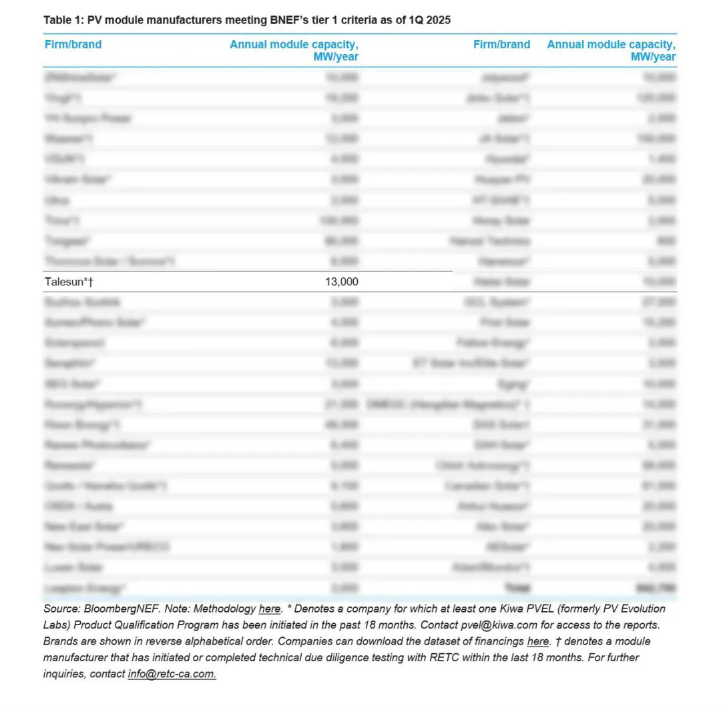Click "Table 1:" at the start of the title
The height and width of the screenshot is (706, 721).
pyautogui.click(x=63, y=20)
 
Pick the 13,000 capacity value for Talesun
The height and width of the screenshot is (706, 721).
pyautogui.click(x=341, y=282)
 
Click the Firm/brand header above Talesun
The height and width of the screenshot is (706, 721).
pyautogui.click(x=73, y=45)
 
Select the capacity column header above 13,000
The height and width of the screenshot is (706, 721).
pyautogui.click(x=294, y=50)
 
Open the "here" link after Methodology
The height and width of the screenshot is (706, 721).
pyautogui.click(x=270, y=609)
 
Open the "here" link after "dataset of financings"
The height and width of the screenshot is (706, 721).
pyautogui.click(x=538, y=641)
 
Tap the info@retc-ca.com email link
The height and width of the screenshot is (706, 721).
pyautogui.click(x=172, y=674)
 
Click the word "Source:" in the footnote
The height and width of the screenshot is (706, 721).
pyautogui.click(x=61, y=609)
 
